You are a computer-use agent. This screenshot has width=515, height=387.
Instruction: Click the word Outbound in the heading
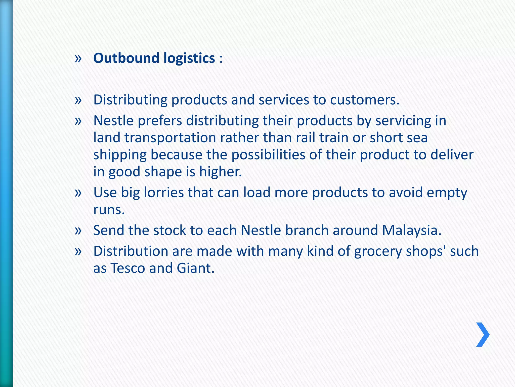pyautogui.click(x=126, y=58)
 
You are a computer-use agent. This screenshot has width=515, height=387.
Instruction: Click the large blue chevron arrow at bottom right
pyautogui.click(x=483, y=335)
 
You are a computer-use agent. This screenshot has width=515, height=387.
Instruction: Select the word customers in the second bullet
pyautogui.click(x=365, y=100)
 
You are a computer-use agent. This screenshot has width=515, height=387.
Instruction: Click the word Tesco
pyautogui.click(x=128, y=268)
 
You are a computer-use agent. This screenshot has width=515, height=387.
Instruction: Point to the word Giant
pyautogui.click(x=195, y=268)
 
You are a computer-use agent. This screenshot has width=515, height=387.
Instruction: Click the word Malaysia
pyautogui.click(x=412, y=231)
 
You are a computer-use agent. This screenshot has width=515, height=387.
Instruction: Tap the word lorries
pyautogui.click(x=164, y=193)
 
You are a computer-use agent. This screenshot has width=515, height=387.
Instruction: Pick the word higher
pyautogui.click(x=221, y=172)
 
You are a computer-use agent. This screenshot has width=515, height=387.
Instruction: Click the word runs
pyautogui.click(x=109, y=210)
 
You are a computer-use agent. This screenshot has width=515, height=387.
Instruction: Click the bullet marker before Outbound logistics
pyautogui.click(x=78, y=58)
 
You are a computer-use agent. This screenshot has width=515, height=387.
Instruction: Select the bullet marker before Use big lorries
pyautogui.click(x=78, y=193)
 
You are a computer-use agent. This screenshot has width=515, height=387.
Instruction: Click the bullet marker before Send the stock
pyautogui.click(x=78, y=231)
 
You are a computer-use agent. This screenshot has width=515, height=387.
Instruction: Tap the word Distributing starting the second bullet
pyautogui.click(x=130, y=100)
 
